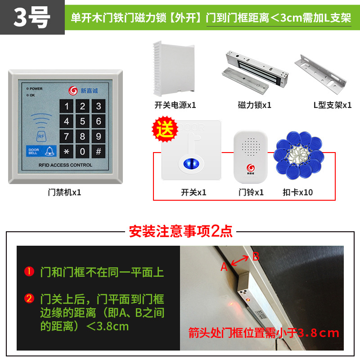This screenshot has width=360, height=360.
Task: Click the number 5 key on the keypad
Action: pos(82,121)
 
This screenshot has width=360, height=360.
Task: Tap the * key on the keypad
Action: pos(67,151)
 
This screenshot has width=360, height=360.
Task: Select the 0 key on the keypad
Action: pos(82,151)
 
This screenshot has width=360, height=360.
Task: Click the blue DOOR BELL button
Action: pos(40,151)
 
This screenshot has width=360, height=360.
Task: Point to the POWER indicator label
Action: pos(36,89)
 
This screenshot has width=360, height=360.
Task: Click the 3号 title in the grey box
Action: pos(31,18)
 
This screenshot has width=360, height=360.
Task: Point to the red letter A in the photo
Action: pos(224,267)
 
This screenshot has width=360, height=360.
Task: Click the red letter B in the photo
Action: pos(255,257)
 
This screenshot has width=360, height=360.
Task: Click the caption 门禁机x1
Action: pos(65,192)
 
